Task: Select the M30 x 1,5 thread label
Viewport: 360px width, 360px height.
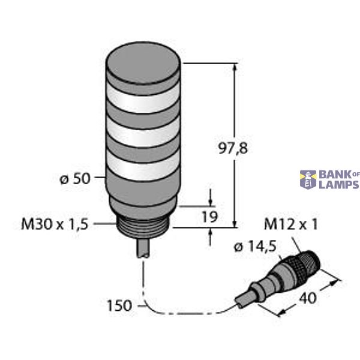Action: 55,224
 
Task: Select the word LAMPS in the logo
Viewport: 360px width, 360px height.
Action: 338,184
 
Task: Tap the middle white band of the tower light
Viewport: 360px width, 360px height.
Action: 143,133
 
